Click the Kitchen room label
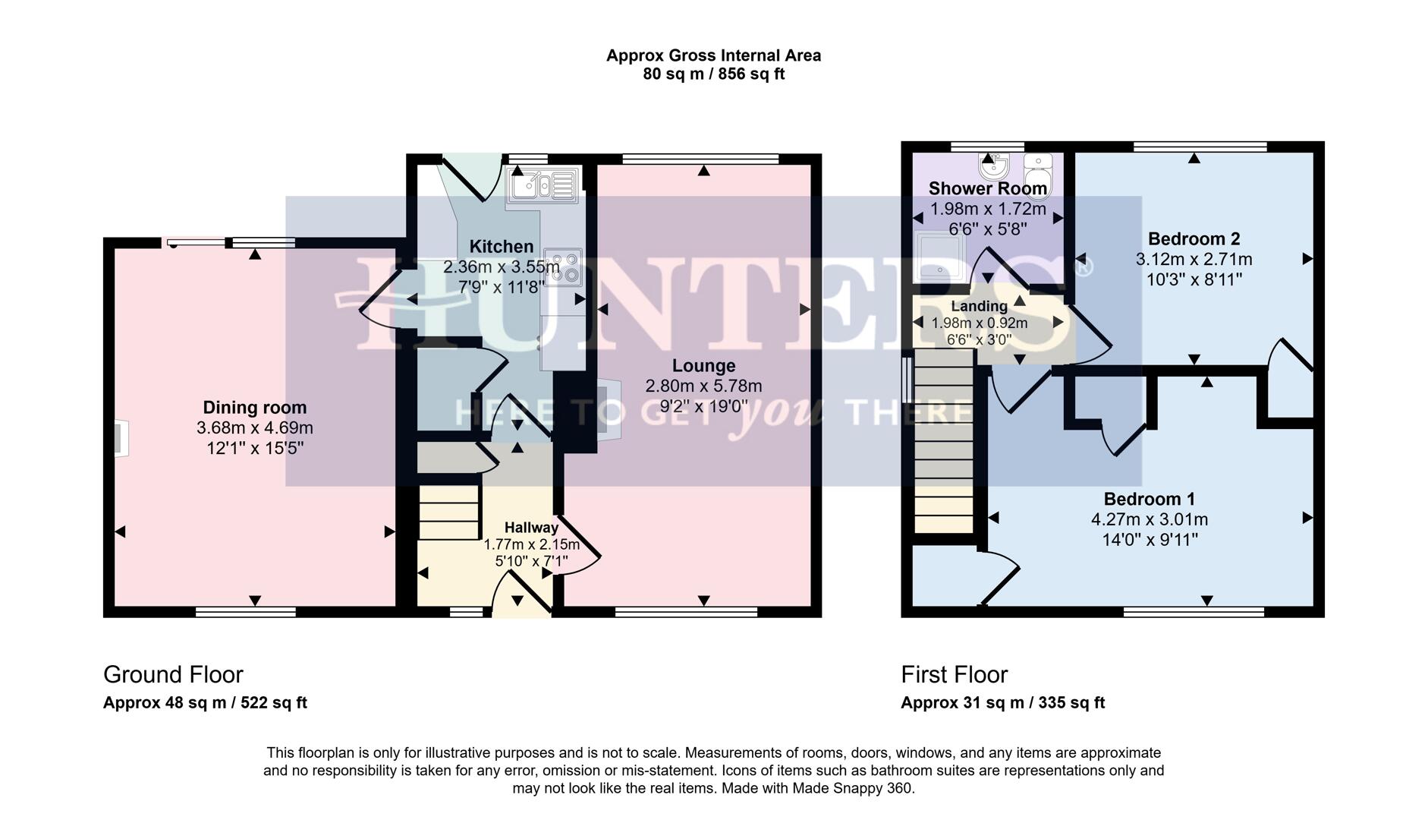tap(501, 247)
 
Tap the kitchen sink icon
tap(542, 184)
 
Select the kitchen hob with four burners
tap(563, 267)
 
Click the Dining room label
tap(254, 408)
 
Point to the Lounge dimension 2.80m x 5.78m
tap(703, 386)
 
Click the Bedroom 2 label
tap(1194, 239)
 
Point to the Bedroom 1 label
tap(1149, 499)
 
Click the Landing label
tap(979, 307)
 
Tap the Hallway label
tap(531, 527)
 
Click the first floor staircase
tap(943, 440)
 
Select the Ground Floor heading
tap(173, 674)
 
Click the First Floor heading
tap(954, 674)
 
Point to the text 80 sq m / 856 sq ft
tap(713, 74)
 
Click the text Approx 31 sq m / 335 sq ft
tap(1002, 702)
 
